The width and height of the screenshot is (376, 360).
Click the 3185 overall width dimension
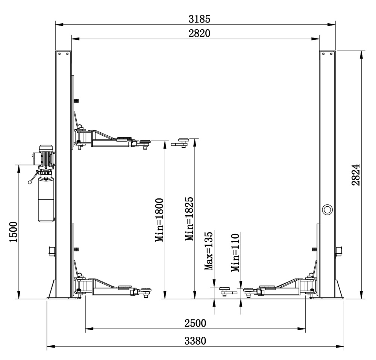[199, 19]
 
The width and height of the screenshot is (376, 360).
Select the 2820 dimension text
[199, 33]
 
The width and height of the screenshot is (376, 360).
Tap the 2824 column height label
[356, 175]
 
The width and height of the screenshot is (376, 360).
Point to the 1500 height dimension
[14, 232]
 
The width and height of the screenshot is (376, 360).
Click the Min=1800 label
[159, 220]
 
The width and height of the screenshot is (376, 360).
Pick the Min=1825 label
[189, 219]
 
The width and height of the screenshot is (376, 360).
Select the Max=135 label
[209, 251]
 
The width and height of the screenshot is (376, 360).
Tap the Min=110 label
[235, 253]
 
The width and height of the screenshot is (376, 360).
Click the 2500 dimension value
[195, 323]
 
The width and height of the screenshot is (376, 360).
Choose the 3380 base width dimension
[195, 340]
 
